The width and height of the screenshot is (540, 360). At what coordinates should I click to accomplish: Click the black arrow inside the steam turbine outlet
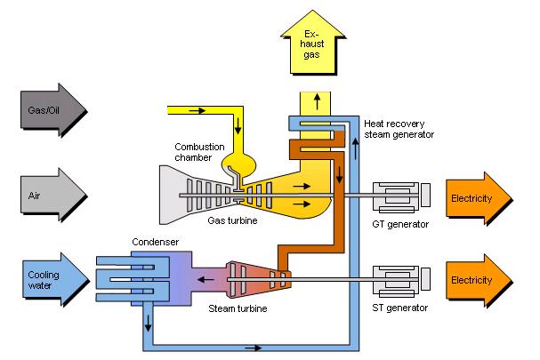click(205, 279)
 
